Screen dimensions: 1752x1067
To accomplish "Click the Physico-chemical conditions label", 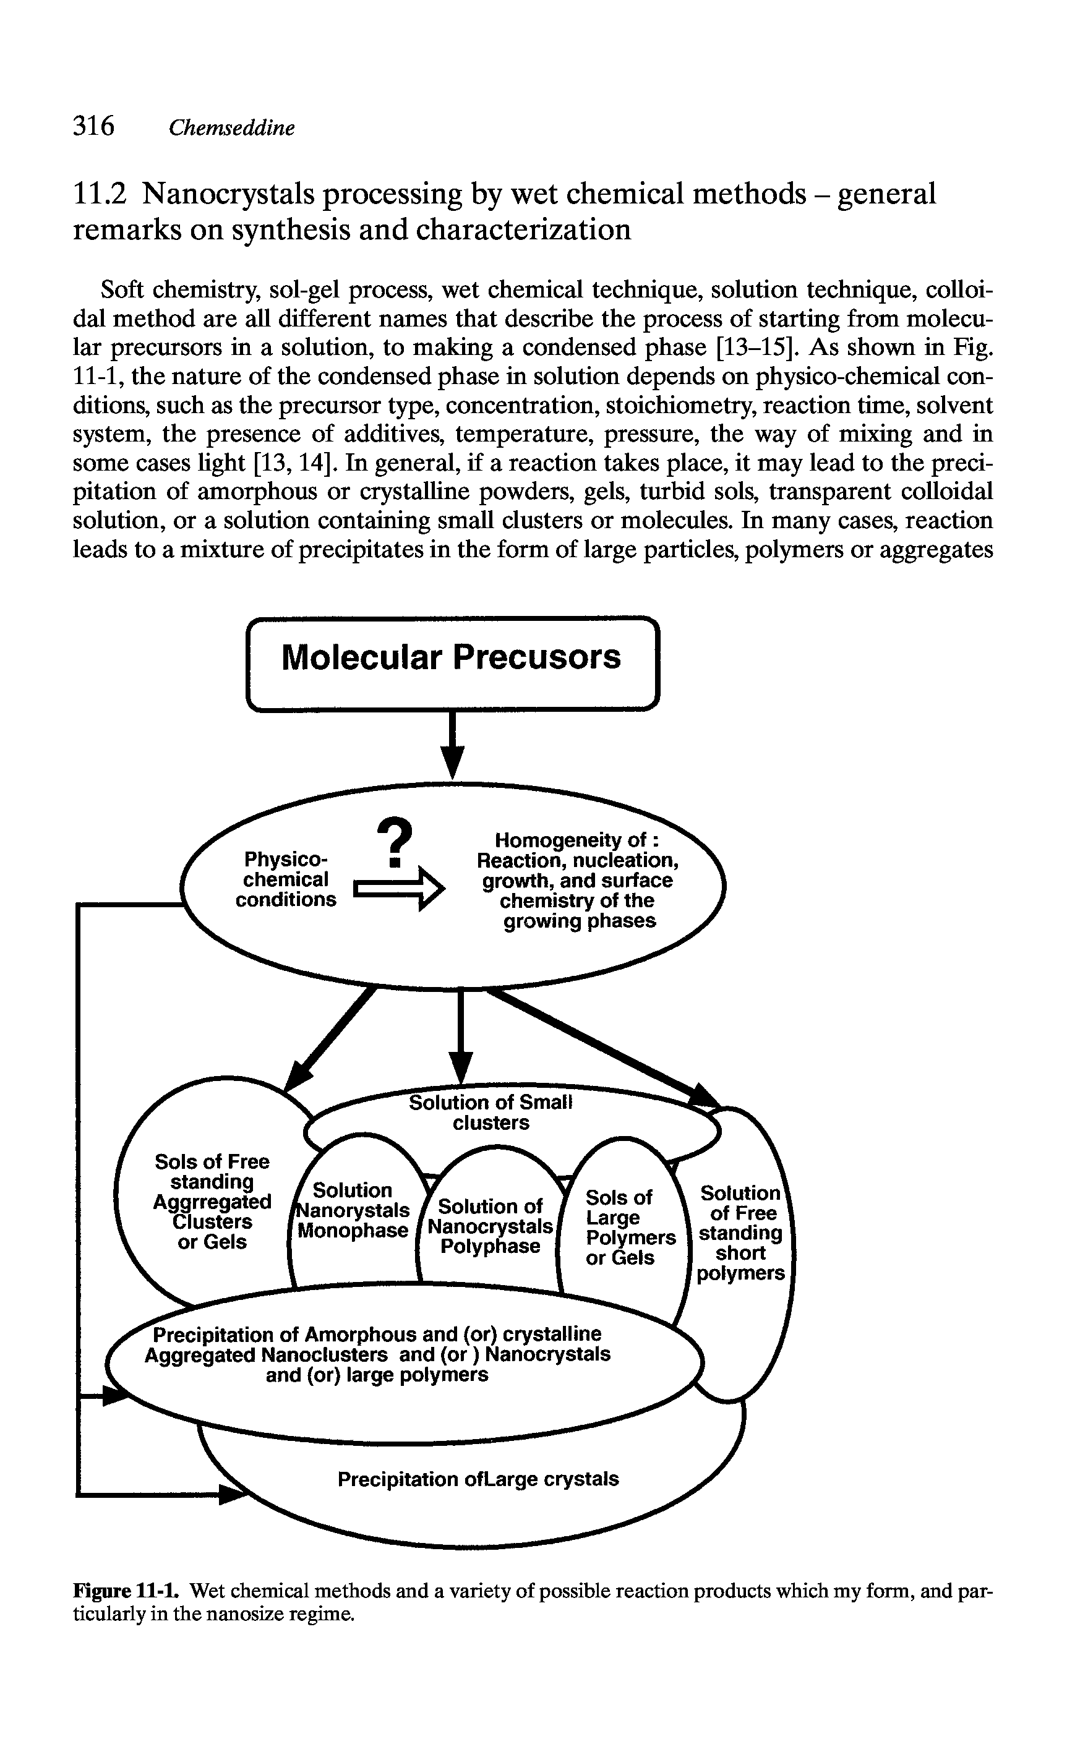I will click(286, 879).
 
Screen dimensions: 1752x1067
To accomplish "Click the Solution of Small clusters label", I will click(491, 1112).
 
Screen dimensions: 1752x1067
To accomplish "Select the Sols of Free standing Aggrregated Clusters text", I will click(212, 1201).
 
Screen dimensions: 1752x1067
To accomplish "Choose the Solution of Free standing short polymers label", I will click(740, 1233).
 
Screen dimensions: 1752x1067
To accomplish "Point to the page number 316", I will click(93, 126).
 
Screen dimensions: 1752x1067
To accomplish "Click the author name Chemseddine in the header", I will click(231, 128).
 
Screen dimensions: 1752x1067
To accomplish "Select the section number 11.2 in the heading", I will click(100, 194).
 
